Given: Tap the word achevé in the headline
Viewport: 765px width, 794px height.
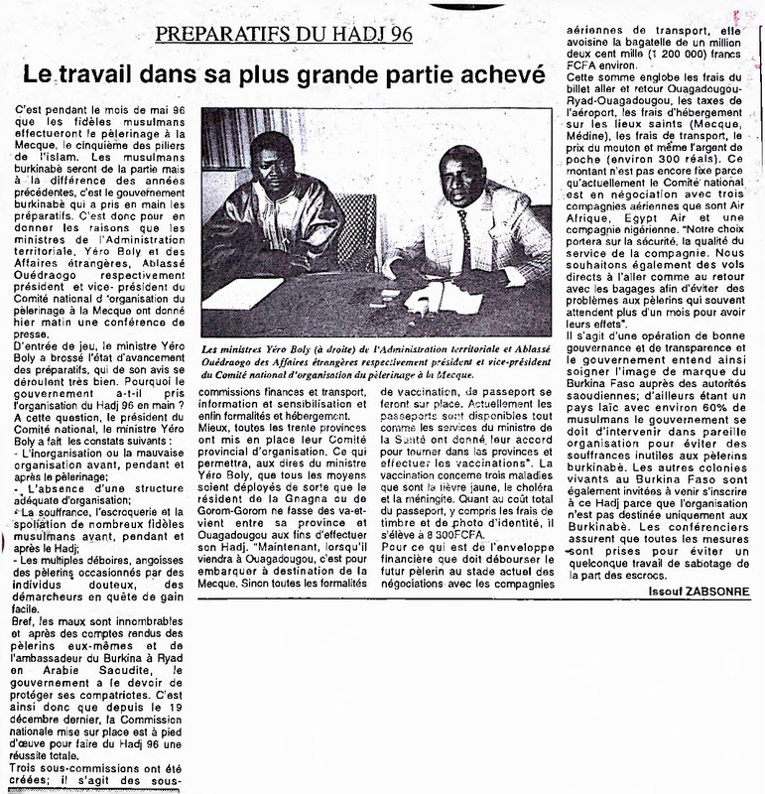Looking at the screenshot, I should (494, 75).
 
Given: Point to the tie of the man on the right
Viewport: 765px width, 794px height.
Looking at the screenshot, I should (463, 243).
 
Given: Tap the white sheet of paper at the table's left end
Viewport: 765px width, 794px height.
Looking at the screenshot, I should (241, 293).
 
